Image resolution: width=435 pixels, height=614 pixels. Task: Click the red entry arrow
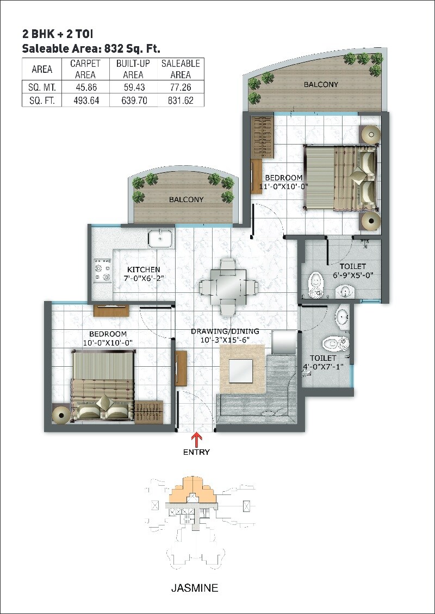pyautogui.click(x=196, y=438)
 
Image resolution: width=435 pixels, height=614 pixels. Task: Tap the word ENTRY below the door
pyautogui.click(x=196, y=452)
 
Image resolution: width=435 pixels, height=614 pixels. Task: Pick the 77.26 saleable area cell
pyautogui.click(x=181, y=86)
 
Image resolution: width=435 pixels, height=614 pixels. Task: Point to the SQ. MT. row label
pyautogui.click(x=42, y=86)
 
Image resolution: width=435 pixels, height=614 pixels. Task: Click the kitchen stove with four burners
pyautogui.click(x=102, y=270)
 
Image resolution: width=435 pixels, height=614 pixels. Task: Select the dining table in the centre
pyautogui.click(x=227, y=287)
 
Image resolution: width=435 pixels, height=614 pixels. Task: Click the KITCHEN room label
pyautogui.click(x=144, y=270)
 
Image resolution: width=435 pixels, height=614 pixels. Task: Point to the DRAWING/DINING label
pyautogui.click(x=225, y=331)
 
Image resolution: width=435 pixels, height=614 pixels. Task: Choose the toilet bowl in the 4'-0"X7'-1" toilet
pyautogui.click(x=333, y=343)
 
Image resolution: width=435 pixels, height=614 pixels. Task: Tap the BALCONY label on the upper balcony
pyautogui.click(x=321, y=84)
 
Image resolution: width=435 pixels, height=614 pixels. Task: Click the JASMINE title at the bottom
pyautogui.click(x=195, y=588)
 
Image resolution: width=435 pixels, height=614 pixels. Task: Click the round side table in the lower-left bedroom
pyautogui.click(x=60, y=414)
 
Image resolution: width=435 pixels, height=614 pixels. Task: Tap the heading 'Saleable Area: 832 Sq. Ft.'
pyautogui.click(x=91, y=48)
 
